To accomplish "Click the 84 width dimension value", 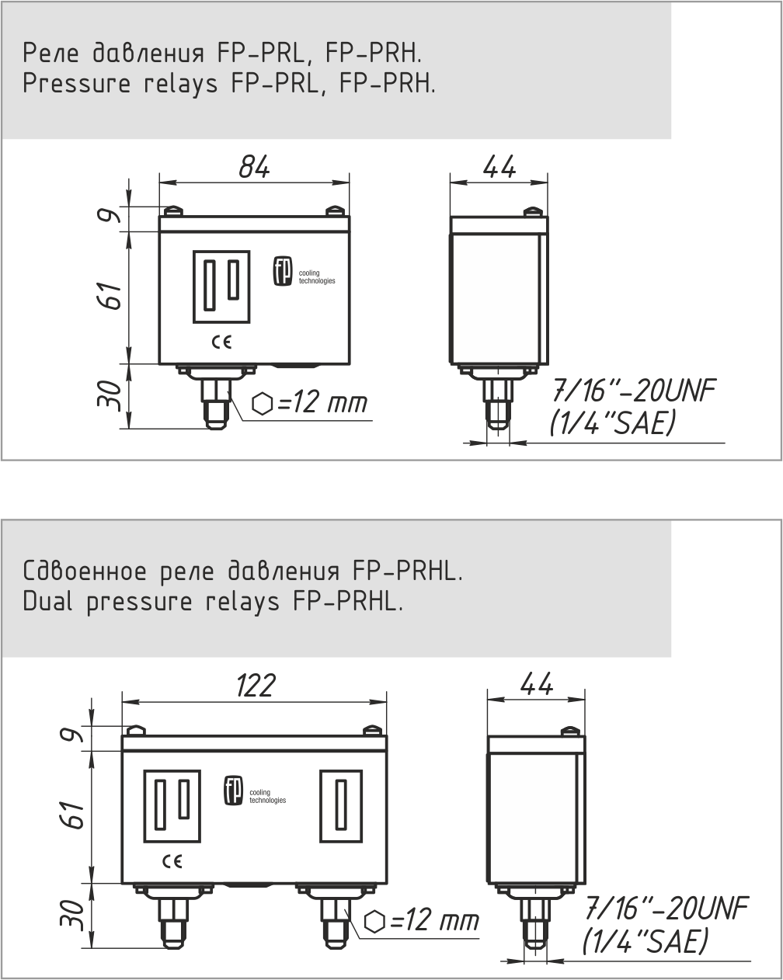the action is [254, 167].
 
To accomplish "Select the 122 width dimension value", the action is [256, 686].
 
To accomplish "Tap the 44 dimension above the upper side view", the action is [499, 167].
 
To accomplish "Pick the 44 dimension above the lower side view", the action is [537, 684].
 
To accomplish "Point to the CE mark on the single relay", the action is [222, 342].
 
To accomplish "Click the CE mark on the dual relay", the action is [172, 861].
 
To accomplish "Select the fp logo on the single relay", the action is [283, 272].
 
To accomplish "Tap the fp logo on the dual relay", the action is [233, 791].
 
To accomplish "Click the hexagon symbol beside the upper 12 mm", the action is [263, 404].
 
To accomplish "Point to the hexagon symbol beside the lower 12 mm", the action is [375, 923].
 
